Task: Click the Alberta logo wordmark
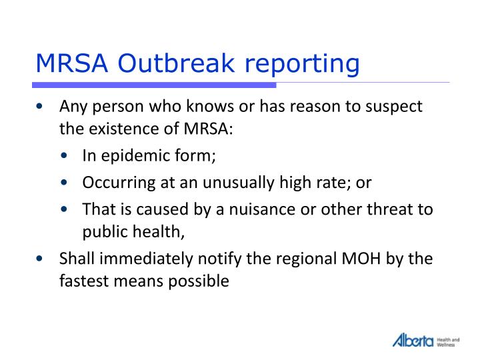click(413, 340)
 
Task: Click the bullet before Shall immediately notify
click(42, 259)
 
